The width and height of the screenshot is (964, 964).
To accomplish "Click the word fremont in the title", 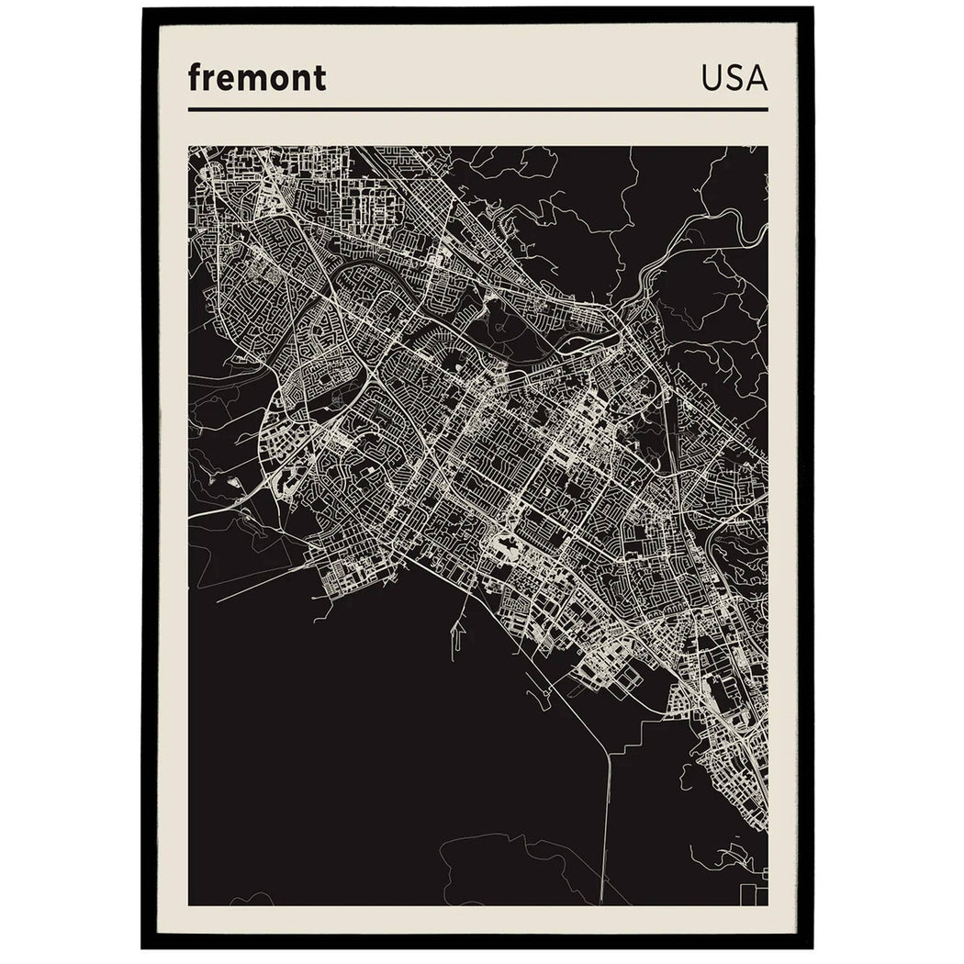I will click(x=256, y=78).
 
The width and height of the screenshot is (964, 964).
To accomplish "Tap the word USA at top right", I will click(x=734, y=78).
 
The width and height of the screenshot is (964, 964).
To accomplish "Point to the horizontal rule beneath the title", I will click(x=477, y=109).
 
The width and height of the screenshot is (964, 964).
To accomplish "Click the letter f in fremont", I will click(x=195, y=77).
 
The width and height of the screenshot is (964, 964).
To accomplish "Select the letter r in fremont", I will click(x=208, y=80).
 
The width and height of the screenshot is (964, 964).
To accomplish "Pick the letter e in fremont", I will click(x=224, y=80).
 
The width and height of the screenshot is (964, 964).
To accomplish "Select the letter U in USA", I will click(x=712, y=78).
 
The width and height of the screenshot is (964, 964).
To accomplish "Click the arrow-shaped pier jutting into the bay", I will click(x=456, y=633).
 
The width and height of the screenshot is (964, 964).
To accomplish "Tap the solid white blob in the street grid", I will click(x=506, y=549).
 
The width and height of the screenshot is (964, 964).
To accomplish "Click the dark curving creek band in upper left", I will click(x=349, y=275).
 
